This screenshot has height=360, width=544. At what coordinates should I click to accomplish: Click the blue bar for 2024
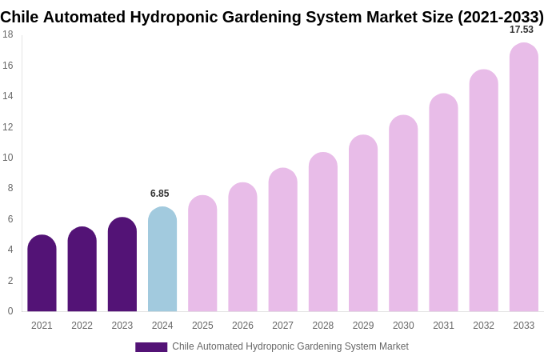tap(162, 260)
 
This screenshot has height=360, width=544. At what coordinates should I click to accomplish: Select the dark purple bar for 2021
tap(42, 274)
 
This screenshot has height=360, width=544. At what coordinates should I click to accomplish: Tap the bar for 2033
tap(523, 178)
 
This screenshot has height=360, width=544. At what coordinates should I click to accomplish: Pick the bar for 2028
tap(323, 232)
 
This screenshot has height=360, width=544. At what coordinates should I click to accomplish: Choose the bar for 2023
tap(122, 265)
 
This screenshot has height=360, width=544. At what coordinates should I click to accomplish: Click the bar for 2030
tap(403, 214)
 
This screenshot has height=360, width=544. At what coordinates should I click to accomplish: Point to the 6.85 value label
tap(160, 194)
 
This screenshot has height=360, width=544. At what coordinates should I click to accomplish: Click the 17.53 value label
tap(522, 30)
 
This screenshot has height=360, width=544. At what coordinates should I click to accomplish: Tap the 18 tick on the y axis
tap(8, 34)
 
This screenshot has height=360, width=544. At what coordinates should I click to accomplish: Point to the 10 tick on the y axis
tap(8, 158)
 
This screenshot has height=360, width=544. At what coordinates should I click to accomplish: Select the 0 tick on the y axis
tap(10, 311)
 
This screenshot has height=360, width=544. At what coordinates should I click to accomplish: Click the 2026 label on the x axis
tap(242, 326)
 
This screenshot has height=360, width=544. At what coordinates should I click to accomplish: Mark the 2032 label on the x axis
tap(483, 326)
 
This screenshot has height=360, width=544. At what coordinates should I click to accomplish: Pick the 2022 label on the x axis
tap(82, 326)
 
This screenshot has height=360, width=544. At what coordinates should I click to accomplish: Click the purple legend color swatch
tap(151, 347)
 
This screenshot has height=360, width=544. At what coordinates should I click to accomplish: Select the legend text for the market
tap(290, 346)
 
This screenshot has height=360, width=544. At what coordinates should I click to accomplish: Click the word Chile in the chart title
tap(19, 17)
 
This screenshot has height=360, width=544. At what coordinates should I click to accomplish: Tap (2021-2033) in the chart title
tap(500, 17)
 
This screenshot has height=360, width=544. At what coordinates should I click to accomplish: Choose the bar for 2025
tap(202, 254)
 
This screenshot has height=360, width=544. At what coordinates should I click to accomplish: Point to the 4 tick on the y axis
tap(10, 250)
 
